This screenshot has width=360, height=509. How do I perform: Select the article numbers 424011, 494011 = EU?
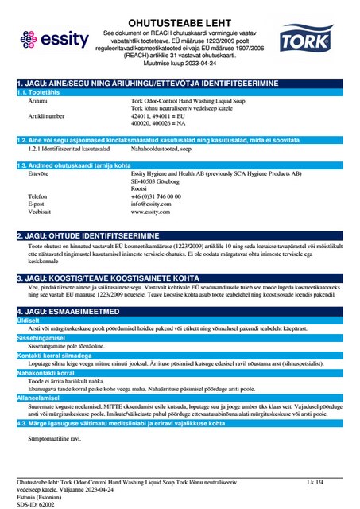[x=159, y=115]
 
